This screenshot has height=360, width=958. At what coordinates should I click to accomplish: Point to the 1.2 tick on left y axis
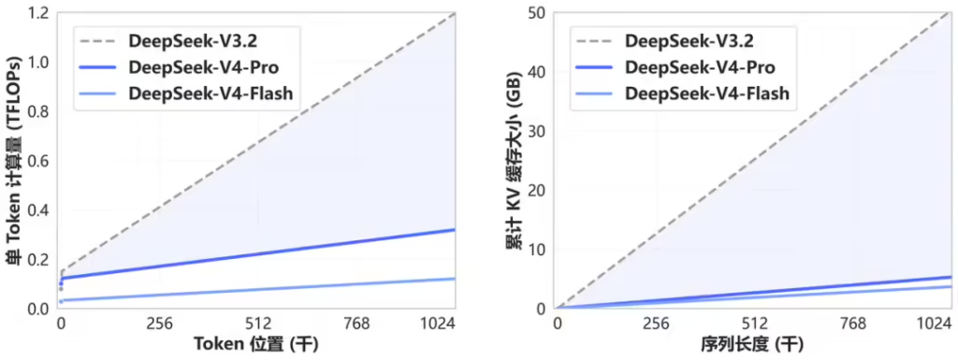coord(37,13)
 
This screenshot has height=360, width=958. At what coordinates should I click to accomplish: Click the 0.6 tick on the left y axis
coord(37,161)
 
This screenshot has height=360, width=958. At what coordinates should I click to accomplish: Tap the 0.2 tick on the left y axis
coord(37,260)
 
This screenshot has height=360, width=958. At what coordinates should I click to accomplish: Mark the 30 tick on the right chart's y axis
coord(539,132)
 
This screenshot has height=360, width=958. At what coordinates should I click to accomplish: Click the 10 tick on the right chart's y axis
coord(539,250)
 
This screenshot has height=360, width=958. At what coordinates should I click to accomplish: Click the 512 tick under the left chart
coord(257,324)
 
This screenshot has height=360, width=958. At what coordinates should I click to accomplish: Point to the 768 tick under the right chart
coord(854,324)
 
